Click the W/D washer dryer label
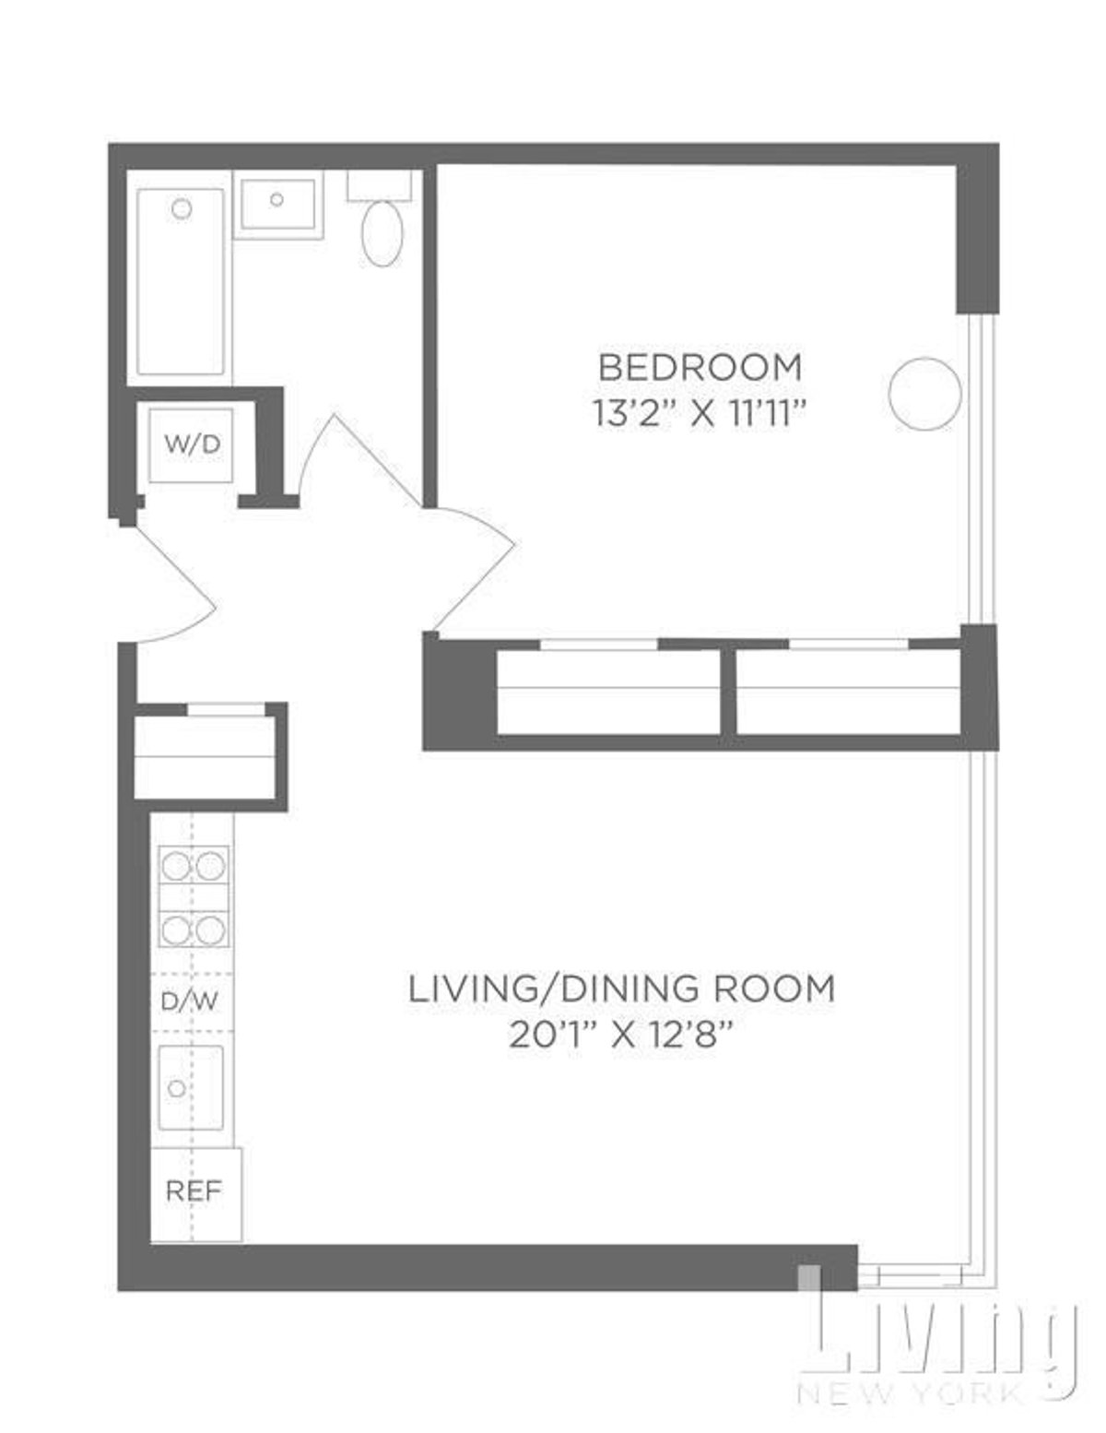pyautogui.click(x=193, y=444)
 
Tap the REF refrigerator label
pyautogui.click(x=194, y=1190)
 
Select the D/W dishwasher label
pyautogui.click(x=189, y=1001)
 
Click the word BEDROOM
pyautogui.click(x=700, y=367)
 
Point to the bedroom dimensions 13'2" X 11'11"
pyautogui.click(x=700, y=414)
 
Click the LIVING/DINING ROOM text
pyautogui.click(x=621, y=989)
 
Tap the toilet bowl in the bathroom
pyautogui.click(x=382, y=233)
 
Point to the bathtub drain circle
pyautogui.click(x=182, y=209)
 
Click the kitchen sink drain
pyautogui.click(x=176, y=1088)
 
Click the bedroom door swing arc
pyautogui.click(x=475, y=563)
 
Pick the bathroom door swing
pyautogui.click(x=355, y=461)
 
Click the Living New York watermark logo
pyautogui.click(x=940, y=1351)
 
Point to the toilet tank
pyautogui.click(x=379, y=185)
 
